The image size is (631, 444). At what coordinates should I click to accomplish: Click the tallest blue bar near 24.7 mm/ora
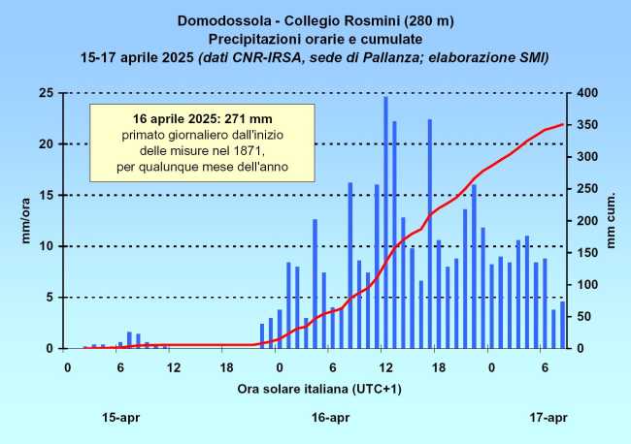pyautogui.click(x=385, y=222)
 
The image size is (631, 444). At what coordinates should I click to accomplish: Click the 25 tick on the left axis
pyautogui.click(x=45, y=93)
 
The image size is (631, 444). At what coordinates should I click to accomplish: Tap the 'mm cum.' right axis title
pyautogui.click(x=613, y=221)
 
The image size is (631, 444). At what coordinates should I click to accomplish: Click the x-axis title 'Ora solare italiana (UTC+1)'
pyautogui.click(x=315, y=389)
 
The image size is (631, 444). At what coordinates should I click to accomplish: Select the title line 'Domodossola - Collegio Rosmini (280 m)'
pyautogui.click(x=315, y=19)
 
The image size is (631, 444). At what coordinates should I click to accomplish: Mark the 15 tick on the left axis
pyautogui.click(x=45, y=195)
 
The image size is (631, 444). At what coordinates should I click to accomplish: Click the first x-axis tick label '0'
pyautogui.click(x=67, y=367)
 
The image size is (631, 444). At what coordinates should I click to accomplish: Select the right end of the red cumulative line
pyautogui.click(x=562, y=124)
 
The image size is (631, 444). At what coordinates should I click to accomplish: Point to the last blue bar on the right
pyautogui.click(x=562, y=325)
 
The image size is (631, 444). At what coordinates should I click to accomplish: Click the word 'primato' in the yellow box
pyautogui.click(x=145, y=136)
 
